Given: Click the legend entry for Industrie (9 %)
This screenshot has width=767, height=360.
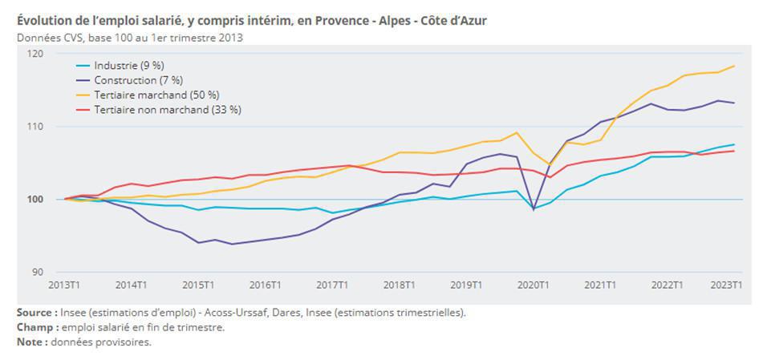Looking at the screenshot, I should (x=128, y=66).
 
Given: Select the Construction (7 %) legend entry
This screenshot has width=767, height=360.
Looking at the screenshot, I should (x=138, y=80).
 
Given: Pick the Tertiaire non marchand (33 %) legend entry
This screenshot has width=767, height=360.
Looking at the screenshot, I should (x=167, y=109).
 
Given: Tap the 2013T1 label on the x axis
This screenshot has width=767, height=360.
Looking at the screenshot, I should (x=63, y=285).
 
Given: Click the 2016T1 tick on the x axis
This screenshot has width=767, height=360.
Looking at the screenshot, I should (x=265, y=285).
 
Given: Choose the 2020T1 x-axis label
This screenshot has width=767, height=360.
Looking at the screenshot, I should (x=533, y=285).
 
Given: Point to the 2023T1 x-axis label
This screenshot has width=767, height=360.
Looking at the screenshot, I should (x=726, y=285).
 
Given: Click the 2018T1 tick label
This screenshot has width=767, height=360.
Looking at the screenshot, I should (x=399, y=285).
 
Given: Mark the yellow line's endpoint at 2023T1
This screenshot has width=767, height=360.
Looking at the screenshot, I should (x=734, y=66).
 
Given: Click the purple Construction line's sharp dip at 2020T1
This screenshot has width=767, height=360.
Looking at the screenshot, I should (x=533, y=208).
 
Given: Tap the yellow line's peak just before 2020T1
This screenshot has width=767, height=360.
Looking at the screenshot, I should (x=517, y=132).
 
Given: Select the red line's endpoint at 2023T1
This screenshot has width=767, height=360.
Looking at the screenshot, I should (x=734, y=151).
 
